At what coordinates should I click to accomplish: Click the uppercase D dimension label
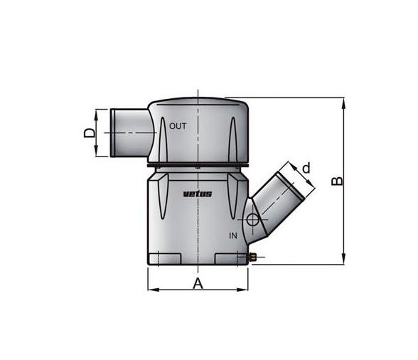pyautogui.click(x=89, y=133)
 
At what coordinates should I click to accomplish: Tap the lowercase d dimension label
pyautogui.click(x=306, y=169)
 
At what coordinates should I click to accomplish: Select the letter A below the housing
pyautogui.click(x=198, y=284)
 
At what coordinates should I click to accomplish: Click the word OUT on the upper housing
pyautogui.click(x=178, y=127)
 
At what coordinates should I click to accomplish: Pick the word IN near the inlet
pyautogui.click(x=232, y=234)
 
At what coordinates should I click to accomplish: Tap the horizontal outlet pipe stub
pyautogui.click(x=127, y=132)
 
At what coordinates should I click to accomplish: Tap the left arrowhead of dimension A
pyautogui.click(x=151, y=290)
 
